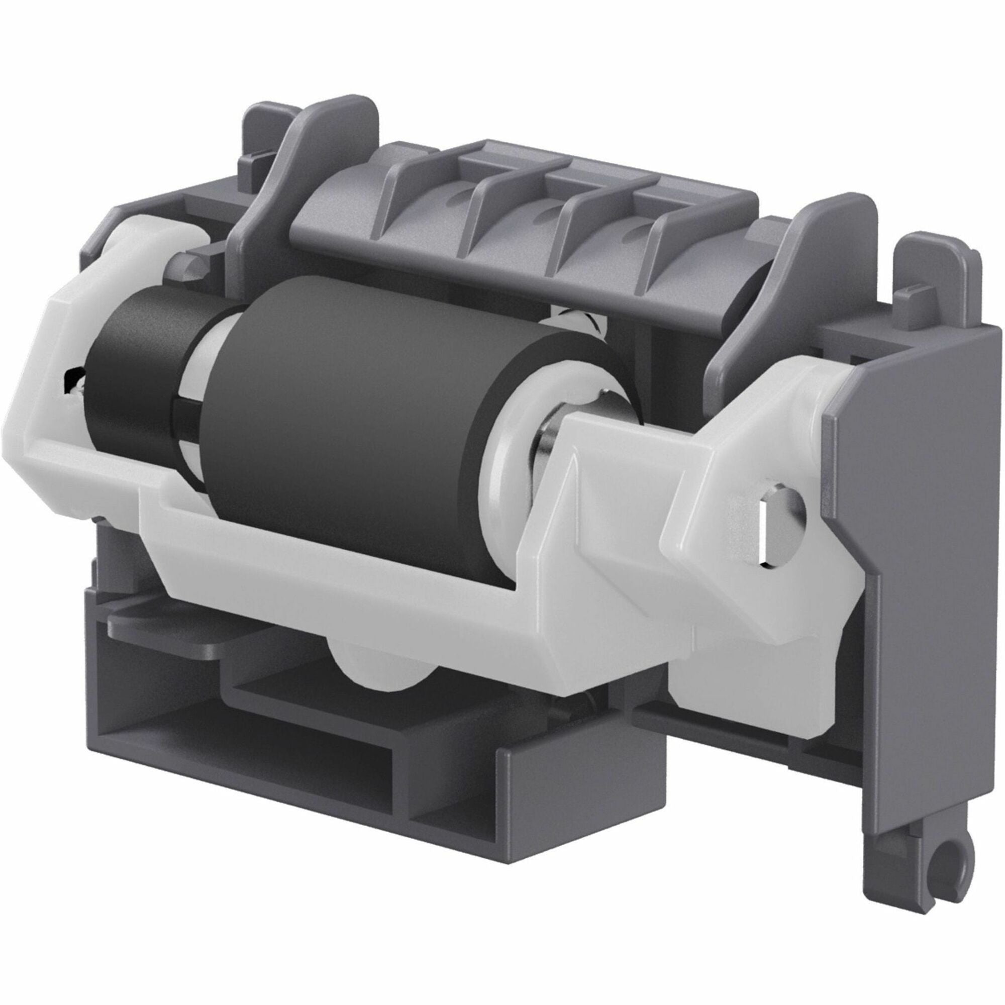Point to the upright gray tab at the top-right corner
point(936,281)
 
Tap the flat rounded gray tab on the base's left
point(172,630)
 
